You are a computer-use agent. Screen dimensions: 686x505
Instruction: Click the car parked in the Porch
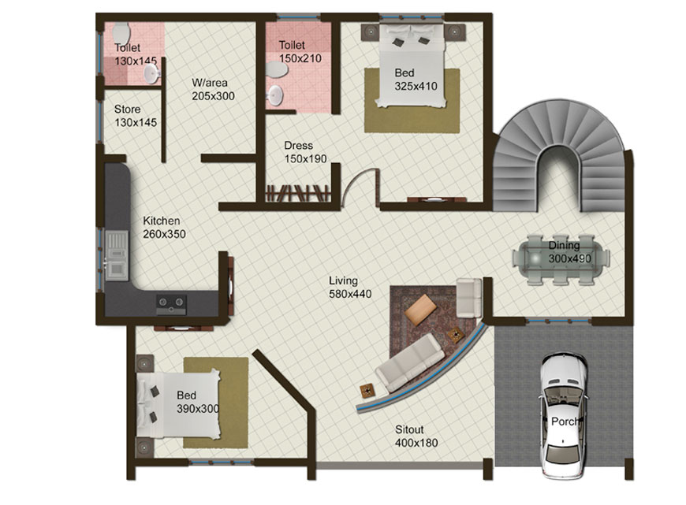coord(563,415)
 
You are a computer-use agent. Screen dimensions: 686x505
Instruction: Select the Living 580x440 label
coord(350,288)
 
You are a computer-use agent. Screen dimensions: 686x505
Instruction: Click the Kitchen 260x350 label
coord(164,228)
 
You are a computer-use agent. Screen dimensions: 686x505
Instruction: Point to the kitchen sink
coord(117,256)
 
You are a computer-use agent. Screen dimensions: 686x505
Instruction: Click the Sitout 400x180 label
coord(416,436)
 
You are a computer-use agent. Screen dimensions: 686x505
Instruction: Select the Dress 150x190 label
coord(305,152)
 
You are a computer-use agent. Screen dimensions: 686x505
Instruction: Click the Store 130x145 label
coord(136,116)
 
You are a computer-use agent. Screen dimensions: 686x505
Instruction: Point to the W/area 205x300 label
coord(213,89)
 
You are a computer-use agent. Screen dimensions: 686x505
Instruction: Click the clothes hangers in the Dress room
coord(297,193)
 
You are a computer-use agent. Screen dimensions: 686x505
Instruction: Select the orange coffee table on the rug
coord(420,310)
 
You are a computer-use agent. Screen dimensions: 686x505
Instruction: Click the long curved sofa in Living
coord(410,362)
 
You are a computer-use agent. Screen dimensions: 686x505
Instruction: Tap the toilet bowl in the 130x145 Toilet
coord(121,33)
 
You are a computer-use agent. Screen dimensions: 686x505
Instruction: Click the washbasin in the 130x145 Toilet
coord(151,73)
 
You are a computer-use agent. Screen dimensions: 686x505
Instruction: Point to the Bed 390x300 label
coord(198,402)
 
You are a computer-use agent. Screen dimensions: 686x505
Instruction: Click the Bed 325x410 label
coord(416,79)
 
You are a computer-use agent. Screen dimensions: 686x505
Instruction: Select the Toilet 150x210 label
coord(300,51)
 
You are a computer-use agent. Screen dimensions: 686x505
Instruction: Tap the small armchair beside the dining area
coord(469,297)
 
